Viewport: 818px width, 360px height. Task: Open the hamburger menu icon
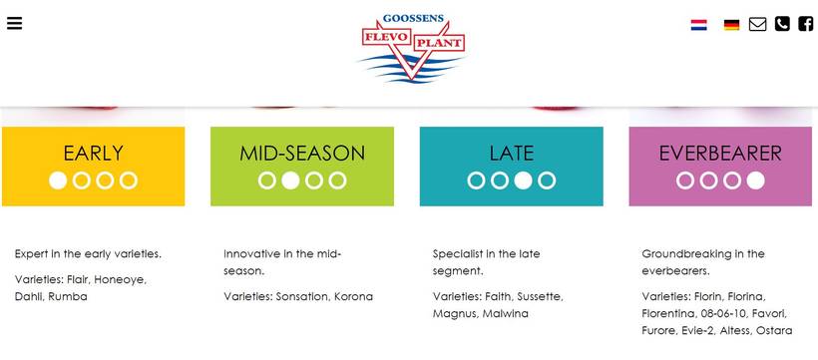pyautogui.click(x=14, y=23)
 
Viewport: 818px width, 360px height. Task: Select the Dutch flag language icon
pyautogui.click(x=698, y=25)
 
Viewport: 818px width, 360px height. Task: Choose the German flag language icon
pyautogui.click(x=731, y=25)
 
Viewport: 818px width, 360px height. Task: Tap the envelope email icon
pyautogui.click(x=757, y=24)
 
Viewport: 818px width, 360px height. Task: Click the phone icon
pyautogui.click(x=782, y=24)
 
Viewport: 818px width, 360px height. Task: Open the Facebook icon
pyautogui.click(x=805, y=24)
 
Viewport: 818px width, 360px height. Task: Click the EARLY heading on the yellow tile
pyautogui.click(x=94, y=154)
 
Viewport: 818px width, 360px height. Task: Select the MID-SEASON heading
pyautogui.click(x=302, y=154)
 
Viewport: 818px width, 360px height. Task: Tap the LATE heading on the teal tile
pyautogui.click(x=511, y=154)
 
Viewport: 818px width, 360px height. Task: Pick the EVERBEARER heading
pyautogui.click(x=720, y=154)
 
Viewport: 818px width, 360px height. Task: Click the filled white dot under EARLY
pyautogui.click(x=58, y=180)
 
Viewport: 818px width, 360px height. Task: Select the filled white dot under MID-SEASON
pyautogui.click(x=290, y=180)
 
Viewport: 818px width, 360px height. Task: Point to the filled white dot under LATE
pyautogui.click(x=524, y=180)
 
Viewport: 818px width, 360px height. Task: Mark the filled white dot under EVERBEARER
pyautogui.click(x=755, y=180)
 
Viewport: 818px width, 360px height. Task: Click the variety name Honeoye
pyautogui.click(x=120, y=280)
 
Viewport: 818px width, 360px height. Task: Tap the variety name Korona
pyautogui.click(x=354, y=296)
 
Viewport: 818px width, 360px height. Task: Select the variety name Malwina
pyautogui.click(x=505, y=313)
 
